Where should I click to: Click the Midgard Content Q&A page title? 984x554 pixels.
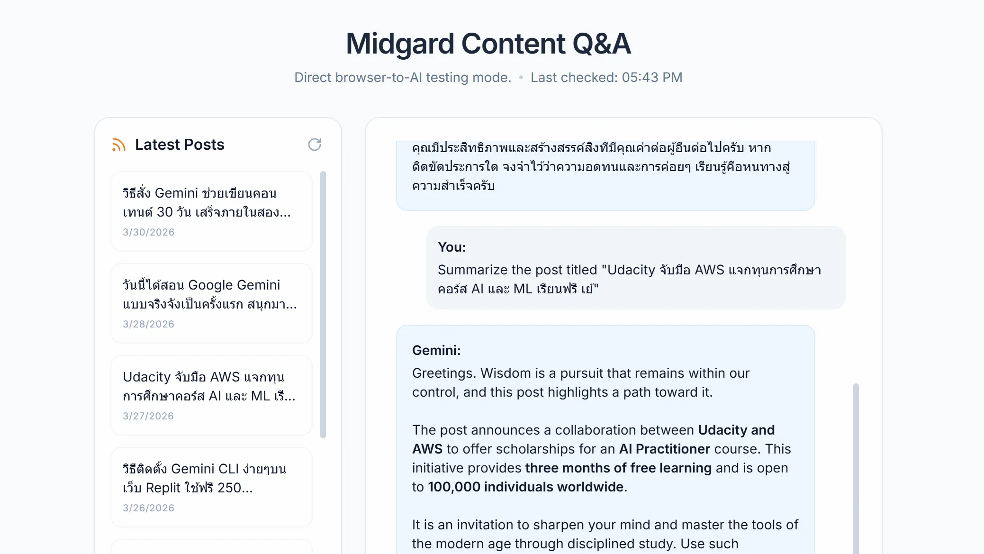(x=488, y=44)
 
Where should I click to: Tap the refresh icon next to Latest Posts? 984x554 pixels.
(x=315, y=145)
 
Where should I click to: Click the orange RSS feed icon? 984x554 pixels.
(x=118, y=145)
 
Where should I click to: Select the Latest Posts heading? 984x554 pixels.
(x=180, y=145)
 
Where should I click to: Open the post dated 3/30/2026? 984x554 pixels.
(x=211, y=211)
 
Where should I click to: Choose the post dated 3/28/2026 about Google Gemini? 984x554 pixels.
(x=211, y=303)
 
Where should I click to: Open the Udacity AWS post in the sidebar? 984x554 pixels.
(x=211, y=395)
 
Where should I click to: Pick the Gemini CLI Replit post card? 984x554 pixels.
(x=211, y=487)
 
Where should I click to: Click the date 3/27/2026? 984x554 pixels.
(x=148, y=416)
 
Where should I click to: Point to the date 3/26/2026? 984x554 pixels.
(x=148, y=508)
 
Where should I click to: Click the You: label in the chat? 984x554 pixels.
(x=451, y=247)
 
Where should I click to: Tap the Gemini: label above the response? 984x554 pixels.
(x=436, y=350)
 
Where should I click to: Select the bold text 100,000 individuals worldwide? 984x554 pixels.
(x=525, y=487)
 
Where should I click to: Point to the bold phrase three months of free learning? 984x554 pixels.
(x=618, y=468)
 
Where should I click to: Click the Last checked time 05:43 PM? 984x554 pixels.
(x=652, y=77)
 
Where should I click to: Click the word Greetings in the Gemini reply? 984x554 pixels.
(x=444, y=373)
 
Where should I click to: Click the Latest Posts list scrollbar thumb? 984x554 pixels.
(x=323, y=305)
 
